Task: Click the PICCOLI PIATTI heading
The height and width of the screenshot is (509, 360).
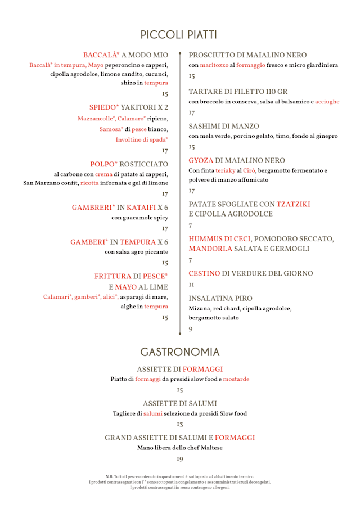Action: pos(179,35)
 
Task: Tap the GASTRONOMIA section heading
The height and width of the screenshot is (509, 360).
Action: pos(179,352)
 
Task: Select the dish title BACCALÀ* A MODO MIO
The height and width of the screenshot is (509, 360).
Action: pos(125,55)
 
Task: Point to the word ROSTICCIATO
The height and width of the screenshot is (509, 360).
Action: pos(143,164)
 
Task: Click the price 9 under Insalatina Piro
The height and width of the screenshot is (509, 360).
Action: pos(190,328)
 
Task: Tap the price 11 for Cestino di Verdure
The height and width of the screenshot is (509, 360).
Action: pos(191,286)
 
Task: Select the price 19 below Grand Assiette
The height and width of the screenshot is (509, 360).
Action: pos(179,459)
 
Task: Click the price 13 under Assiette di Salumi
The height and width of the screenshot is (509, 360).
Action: pos(179,425)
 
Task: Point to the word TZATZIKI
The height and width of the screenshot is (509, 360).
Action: pos(293,204)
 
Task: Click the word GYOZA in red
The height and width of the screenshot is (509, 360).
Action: pos(201,160)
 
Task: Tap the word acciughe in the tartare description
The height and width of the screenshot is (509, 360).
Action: pos(327,102)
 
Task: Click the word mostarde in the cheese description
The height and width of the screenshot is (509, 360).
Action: pos(236,379)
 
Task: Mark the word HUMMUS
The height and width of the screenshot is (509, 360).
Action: pos(206,239)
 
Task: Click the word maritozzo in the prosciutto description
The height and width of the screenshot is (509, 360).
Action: pos(214,65)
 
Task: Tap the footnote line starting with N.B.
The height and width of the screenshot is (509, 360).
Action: pos(179,476)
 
